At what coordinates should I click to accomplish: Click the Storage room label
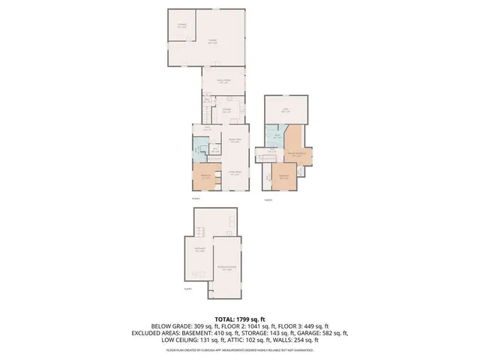pos(182,25)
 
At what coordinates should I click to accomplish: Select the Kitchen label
pos(226,110)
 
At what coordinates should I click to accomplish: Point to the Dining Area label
pos(233,139)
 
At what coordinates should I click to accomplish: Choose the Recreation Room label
pos(227,267)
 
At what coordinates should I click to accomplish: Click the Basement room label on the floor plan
pos(200,250)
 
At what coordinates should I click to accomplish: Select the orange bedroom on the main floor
pos(205,177)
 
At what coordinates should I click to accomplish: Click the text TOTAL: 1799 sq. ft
pos(239,319)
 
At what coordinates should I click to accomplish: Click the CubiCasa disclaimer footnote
pos(239,350)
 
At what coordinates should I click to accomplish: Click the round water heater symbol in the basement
pos(194,272)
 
